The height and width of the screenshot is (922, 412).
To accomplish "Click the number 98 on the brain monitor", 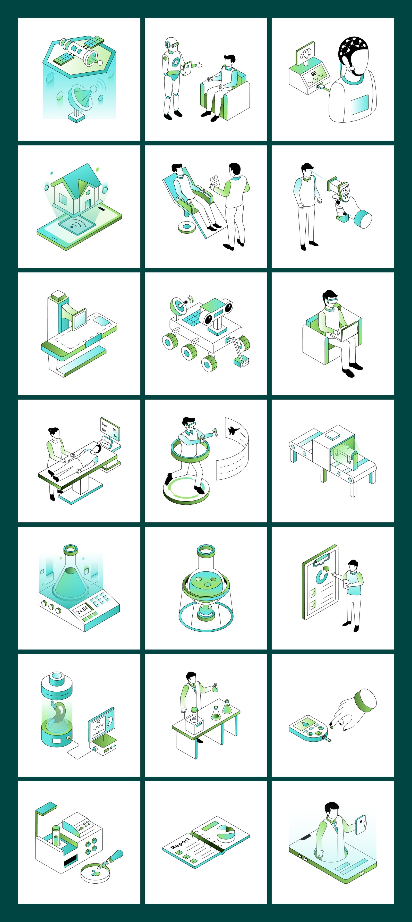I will pos(314,73).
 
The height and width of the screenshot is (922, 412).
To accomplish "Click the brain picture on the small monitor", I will pos(306,54).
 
